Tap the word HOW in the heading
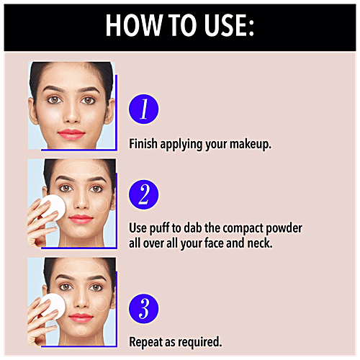coord(133,25)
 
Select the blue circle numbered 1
coord(144,109)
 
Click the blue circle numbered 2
coord(144,194)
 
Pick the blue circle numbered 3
coord(144,308)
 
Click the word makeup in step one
coord(251,145)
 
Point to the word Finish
coord(143,143)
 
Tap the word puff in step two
coord(159,228)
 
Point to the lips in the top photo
coord(71,135)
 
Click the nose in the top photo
coord(71,113)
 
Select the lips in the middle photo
coord(81,220)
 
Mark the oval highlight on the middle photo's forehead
coord(81,168)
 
